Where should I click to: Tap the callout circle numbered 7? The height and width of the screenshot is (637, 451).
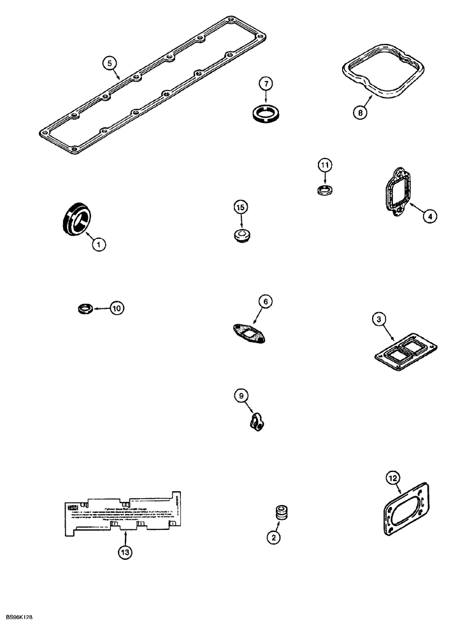[266, 83]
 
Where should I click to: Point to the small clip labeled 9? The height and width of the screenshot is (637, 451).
[256, 422]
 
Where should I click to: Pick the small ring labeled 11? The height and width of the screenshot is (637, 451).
[326, 190]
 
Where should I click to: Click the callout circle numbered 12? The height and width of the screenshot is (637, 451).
[393, 477]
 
